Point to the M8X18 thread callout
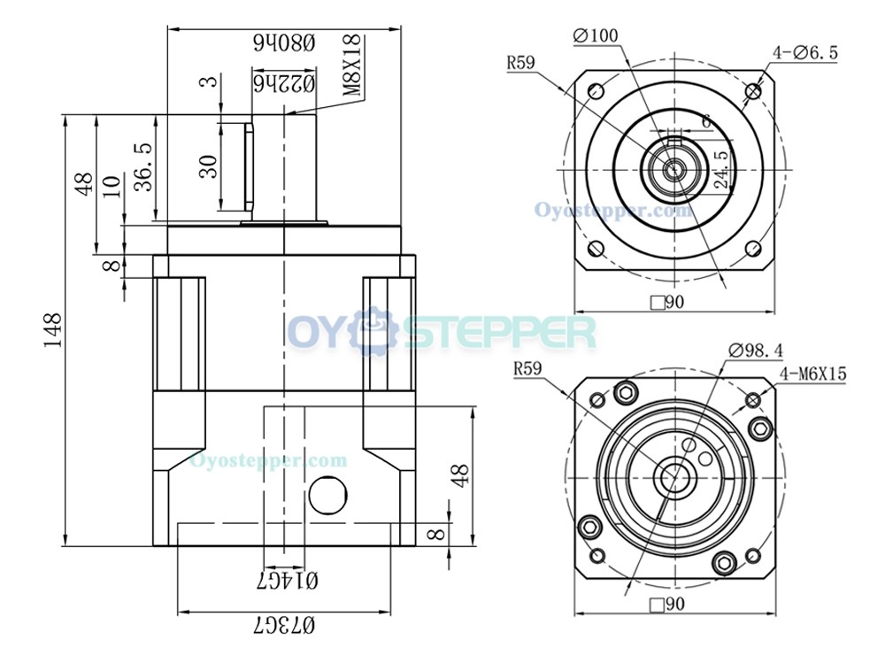(x=351, y=64)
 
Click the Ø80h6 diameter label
(x=284, y=42)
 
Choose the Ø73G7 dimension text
(x=284, y=624)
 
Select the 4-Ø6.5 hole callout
(x=805, y=53)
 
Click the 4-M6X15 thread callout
(x=813, y=374)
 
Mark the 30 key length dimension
(x=209, y=166)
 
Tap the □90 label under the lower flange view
(x=667, y=605)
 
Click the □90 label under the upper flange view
(x=667, y=303)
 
